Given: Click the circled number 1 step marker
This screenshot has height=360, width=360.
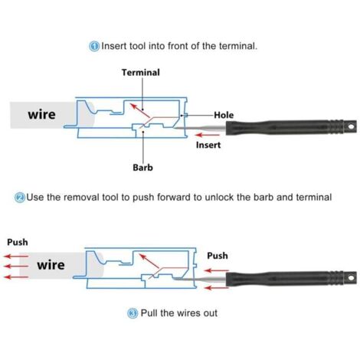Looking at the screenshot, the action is pos(94,46).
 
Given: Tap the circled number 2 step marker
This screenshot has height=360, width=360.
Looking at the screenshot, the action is pos(20,198).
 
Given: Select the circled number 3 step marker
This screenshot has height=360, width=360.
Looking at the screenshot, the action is pos(133,313).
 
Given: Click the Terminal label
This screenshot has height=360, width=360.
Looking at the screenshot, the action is pos(141,73).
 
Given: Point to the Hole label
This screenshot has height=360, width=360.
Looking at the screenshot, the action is pos(224,115).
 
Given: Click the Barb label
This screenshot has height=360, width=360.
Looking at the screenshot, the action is pos(142,168).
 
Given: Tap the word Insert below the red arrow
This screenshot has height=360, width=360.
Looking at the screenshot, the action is pos(208,145).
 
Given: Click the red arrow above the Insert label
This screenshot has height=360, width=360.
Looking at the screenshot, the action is pos(208,135).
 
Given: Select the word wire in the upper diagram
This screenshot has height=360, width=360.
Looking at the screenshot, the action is pos(41,114).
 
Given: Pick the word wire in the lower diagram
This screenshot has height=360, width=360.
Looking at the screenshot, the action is pos(51,265).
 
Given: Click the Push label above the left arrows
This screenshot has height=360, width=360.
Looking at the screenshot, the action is pos(18,242).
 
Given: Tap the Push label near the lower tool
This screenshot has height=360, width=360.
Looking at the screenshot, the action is pos(218,256).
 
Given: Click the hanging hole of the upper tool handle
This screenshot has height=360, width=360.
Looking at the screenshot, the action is pos(351,126).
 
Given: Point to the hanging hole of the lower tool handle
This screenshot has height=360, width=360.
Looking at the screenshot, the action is pos(351,277).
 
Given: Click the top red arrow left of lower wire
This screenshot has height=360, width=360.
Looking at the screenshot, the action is pos(16,256).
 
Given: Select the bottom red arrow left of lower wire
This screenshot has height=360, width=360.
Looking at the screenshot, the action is pos(16,277).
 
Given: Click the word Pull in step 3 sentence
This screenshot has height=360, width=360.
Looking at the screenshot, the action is pos(149,313).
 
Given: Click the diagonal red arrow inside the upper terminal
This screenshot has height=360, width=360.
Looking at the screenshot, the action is pos(140,110).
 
